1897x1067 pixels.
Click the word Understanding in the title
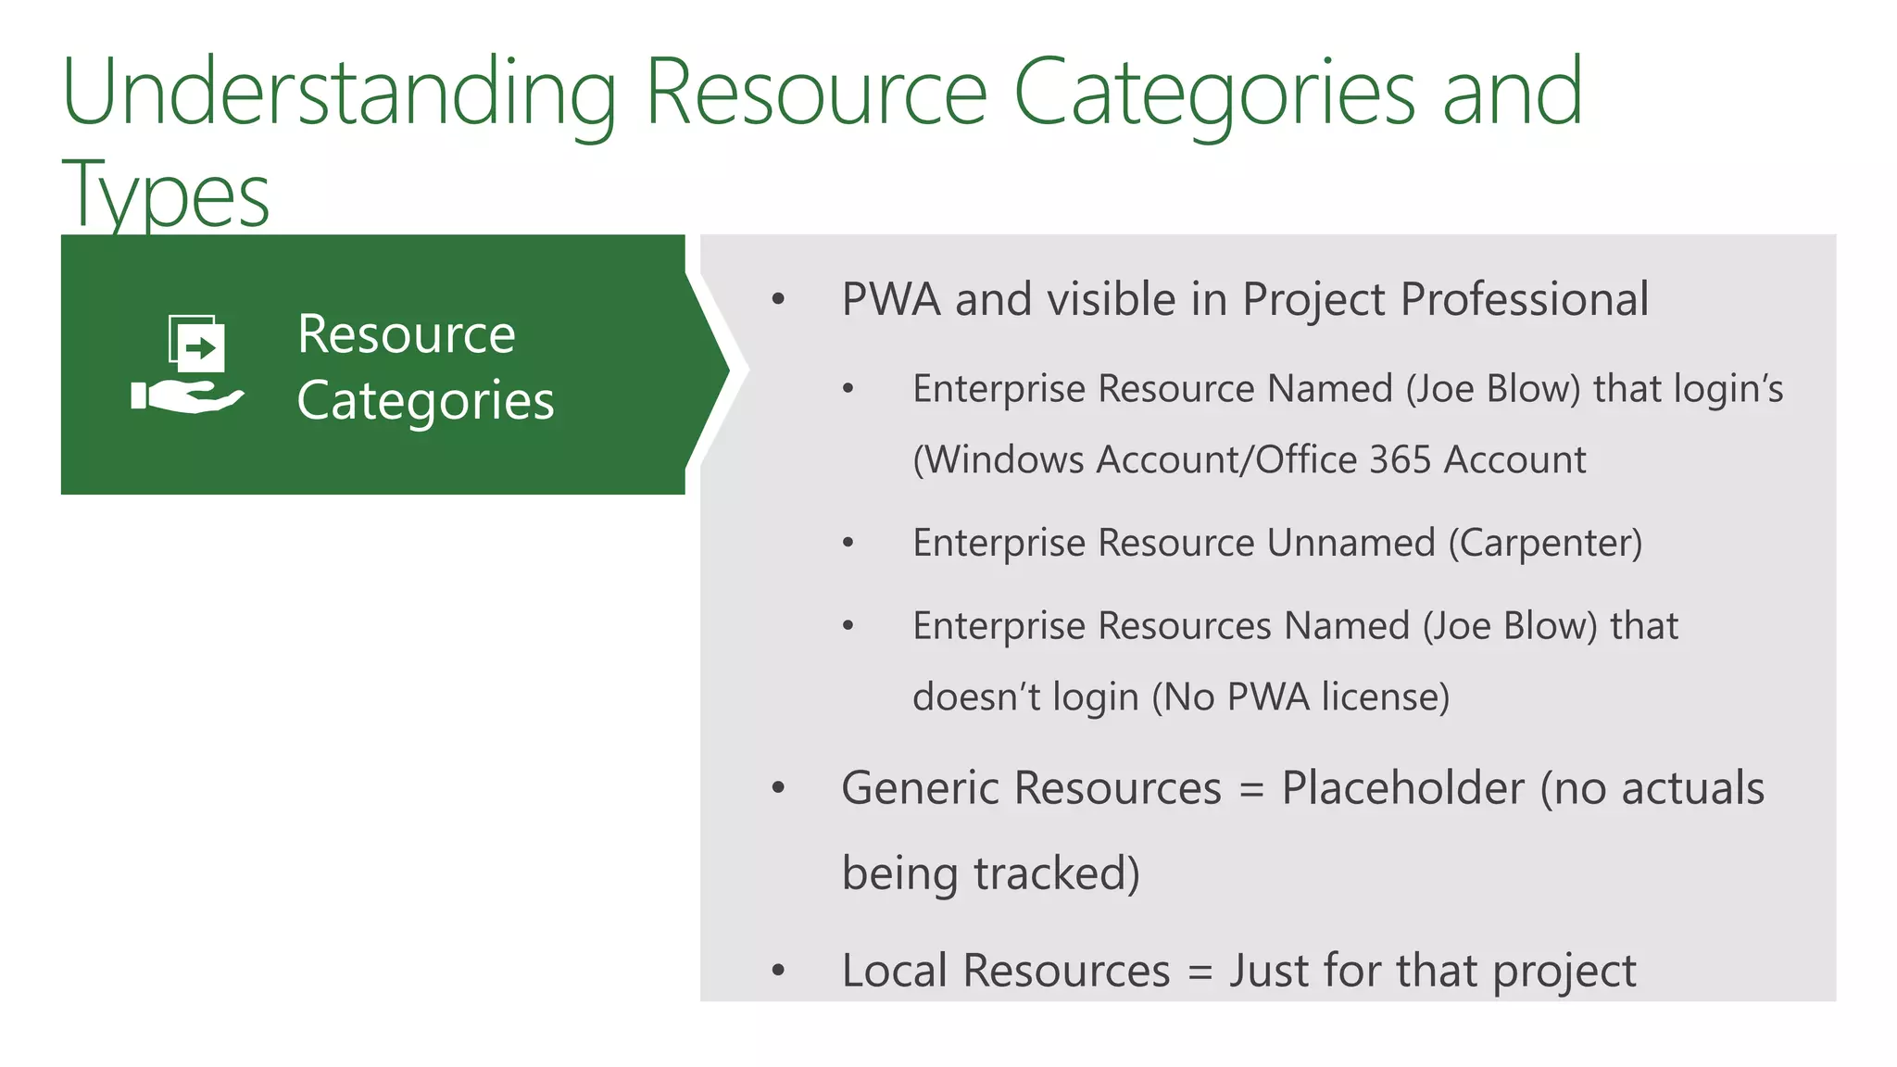tap(339, 93)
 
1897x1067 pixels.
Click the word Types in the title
tap(166, 195)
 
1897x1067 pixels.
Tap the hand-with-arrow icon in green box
tap(188, 364)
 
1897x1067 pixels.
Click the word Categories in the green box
tap(425, 400)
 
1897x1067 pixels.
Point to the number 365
tap(1400, 459)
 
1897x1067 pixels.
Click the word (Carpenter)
tap(1545, 543)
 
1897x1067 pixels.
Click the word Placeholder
tap(1402, 788)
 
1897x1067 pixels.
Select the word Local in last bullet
tap(895, 971)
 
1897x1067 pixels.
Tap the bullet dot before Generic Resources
tap(778, 788)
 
